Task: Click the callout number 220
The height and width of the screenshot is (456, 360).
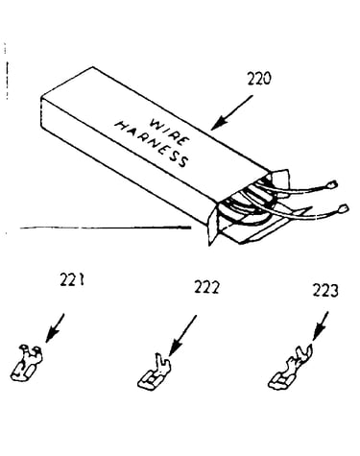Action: coord(259,79)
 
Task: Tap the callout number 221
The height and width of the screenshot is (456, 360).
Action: coord(72,280)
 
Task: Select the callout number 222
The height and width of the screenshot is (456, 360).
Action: coord(206,287)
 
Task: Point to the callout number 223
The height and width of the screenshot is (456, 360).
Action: coord(325,290)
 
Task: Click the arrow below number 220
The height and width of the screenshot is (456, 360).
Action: coord(231,112)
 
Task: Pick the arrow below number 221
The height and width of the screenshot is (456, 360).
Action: coord(55,328)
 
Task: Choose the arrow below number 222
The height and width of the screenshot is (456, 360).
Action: coord(182,335)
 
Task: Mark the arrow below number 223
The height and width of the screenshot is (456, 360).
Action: coord(321,326)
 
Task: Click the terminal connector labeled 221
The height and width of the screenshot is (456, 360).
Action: coord(27,363)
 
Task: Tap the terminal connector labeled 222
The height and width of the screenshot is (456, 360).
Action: coord(155,372)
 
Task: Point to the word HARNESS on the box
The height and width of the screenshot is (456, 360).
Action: coord(151,144)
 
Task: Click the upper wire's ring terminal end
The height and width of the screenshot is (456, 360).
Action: coord(332,184)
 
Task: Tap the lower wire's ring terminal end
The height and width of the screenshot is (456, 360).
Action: coord(343,208)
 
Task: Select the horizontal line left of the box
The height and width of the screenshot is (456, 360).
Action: coord(106,228)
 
